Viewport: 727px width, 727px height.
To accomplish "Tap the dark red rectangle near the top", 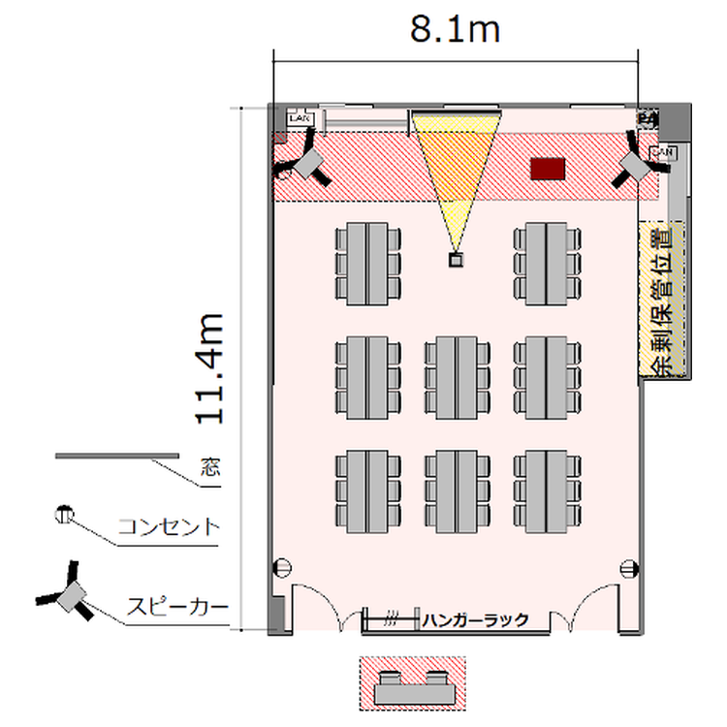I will tap(549, 169).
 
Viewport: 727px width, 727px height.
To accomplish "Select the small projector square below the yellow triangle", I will tap(455, 259).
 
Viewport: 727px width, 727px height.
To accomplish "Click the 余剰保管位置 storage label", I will tap(665, 301).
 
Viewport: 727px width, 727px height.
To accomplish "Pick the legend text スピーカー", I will tap(178, 609).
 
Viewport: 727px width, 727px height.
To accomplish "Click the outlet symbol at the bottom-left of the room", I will tap(284, 569).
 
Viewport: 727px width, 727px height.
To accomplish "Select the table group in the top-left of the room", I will tap(367, 262).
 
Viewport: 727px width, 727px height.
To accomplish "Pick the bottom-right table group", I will tap(547, 490).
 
